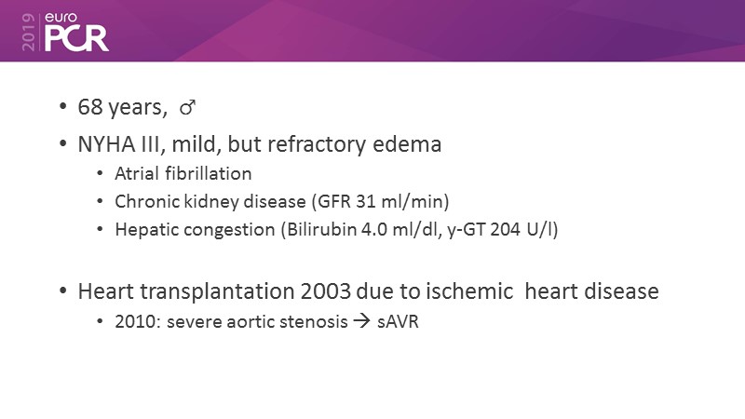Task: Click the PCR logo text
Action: click(x=76, y=38)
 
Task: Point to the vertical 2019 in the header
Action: click(x=29, y=32)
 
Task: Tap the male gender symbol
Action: click(x=187, y=107)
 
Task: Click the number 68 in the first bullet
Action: click(x=90, y=107)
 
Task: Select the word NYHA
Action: click(x=107, y=144)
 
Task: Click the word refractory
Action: click(x=320, y=144)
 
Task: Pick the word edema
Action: click(x=407, y=144)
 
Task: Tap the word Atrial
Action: click(x=136, y=173)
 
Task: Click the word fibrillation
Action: click(x=209, y=173)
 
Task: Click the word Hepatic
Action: click(x=146, y=230)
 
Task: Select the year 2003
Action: click(x=325, y=291)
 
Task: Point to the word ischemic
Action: click(x=469, y=291)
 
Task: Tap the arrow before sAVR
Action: click(x=361, y=321)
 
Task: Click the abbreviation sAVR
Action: click(x=398, y=321)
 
